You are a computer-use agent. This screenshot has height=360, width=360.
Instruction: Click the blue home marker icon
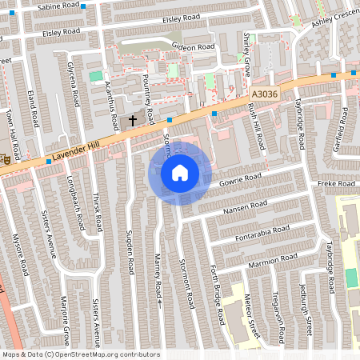(x=180, y=172)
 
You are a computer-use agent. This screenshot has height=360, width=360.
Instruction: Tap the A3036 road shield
(x=263, y=94)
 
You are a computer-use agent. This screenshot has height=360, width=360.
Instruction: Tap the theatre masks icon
(x=4, y=159)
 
